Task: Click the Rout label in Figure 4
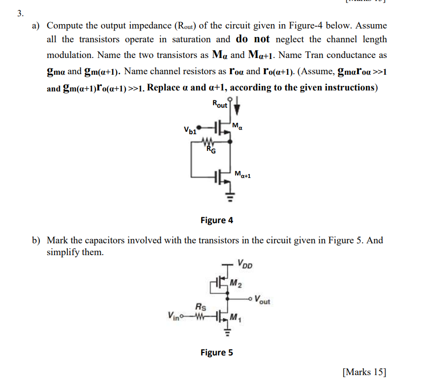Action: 219,104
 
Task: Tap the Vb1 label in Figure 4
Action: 190,131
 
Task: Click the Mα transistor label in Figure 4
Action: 238,127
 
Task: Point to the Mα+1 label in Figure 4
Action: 243,174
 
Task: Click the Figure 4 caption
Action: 217,220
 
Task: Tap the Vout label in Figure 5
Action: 262,299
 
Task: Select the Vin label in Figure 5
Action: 174,315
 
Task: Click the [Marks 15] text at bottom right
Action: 364,371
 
